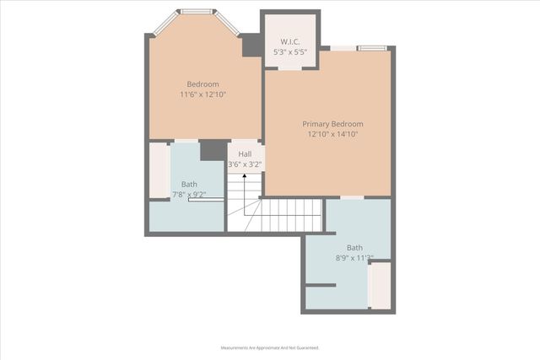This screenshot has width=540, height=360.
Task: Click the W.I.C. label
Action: coord(289,41)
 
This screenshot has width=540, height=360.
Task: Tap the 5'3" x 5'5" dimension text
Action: coord(289,52)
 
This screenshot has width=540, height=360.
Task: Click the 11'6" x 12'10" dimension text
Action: coord(202,94)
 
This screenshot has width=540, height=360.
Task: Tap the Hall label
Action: coord(244,153)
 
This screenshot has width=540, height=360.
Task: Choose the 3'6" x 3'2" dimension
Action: coord(244,164)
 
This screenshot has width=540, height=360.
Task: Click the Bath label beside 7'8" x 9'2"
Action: coord(189,184)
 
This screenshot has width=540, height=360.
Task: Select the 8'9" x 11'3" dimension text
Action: coord(354,259)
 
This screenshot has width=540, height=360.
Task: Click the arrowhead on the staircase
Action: coord(245,175)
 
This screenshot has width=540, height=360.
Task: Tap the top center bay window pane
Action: coord(196,12)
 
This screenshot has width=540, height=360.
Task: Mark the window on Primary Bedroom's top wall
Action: coord(371,48)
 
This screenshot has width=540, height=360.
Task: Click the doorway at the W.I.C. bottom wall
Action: coord(290,68)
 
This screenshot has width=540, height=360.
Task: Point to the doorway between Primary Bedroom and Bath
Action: coord(352,197)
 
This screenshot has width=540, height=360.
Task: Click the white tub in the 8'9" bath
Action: coord(380,285)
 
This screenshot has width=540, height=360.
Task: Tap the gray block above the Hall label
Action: coord(213,150)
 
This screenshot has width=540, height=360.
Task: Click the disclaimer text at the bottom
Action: coord(269,347)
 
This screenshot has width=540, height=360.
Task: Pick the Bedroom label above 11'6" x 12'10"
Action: coord(202,83)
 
